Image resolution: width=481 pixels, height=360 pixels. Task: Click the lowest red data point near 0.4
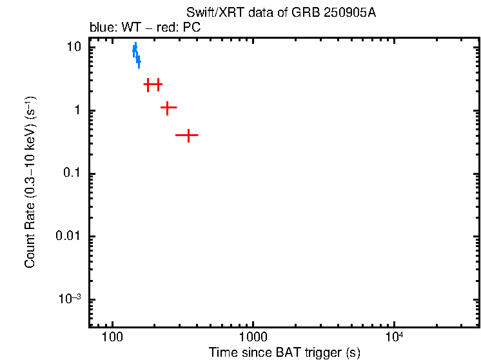click(187, 135)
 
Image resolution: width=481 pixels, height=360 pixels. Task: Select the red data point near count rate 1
click(168, 108)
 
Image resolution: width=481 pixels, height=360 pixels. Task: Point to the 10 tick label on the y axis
click(74, 47)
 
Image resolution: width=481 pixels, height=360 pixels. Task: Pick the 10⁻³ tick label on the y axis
click(70, 299)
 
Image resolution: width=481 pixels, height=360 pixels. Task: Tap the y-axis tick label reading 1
click(76, 110)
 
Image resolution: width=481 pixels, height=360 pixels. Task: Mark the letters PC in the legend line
click(201, 28)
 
